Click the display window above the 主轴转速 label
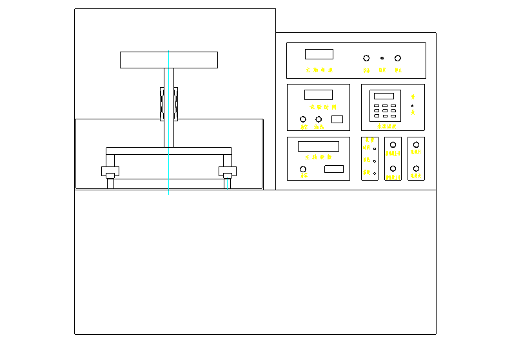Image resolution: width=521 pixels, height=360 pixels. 319,54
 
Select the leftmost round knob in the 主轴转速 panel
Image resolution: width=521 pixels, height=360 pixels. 367,58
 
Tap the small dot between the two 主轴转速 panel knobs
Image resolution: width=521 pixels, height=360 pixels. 382,58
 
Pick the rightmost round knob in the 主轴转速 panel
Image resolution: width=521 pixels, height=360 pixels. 398,58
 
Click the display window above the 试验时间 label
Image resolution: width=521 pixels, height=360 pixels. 319,95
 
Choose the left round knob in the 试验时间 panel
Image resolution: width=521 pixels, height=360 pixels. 303,119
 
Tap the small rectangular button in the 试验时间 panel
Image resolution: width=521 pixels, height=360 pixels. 337,119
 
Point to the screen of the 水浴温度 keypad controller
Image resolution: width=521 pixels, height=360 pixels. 384,96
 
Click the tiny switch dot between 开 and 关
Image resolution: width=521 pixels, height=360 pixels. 413,106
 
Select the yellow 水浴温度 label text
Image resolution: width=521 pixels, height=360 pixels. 387,127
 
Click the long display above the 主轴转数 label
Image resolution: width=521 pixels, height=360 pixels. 319,146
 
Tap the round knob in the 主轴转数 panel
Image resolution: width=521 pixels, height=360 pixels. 303,169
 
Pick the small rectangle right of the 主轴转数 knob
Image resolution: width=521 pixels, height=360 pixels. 334,169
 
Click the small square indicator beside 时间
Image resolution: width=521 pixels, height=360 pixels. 375,148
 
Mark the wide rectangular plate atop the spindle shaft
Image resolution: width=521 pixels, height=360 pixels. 169,59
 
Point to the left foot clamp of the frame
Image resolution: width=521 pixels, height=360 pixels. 110,172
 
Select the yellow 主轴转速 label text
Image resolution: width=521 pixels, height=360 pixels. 319,70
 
